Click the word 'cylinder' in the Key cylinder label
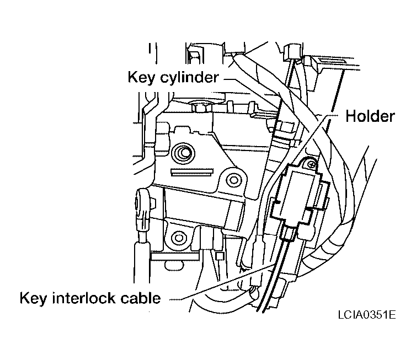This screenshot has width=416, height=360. click(188, 77)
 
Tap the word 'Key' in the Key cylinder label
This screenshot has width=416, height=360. click(141, 77)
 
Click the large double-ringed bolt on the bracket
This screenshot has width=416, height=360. click(182, 152)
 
